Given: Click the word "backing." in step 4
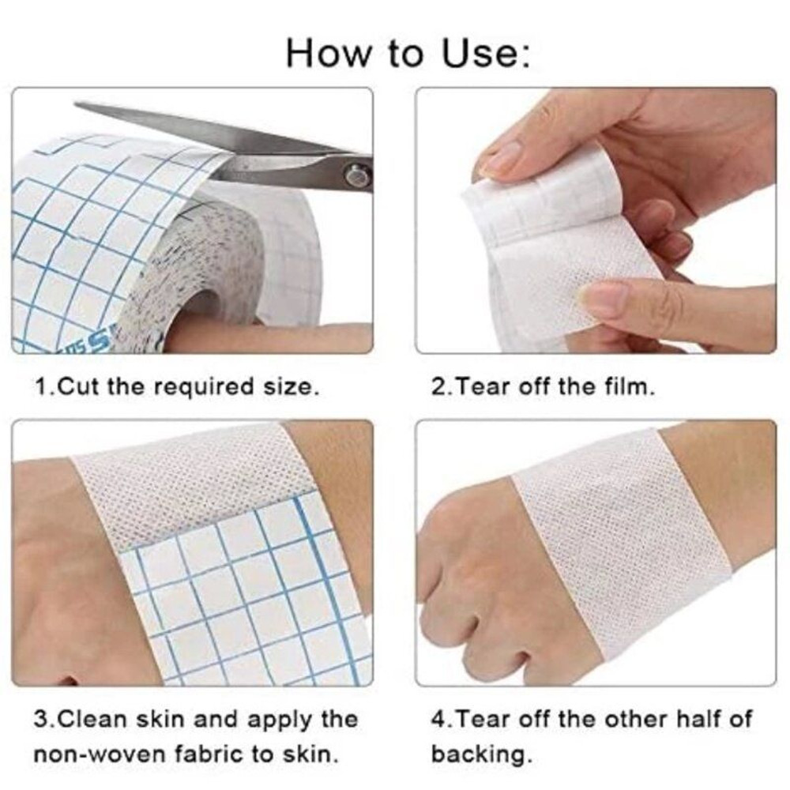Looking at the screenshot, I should pyautogui.click(x=481, y=753).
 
